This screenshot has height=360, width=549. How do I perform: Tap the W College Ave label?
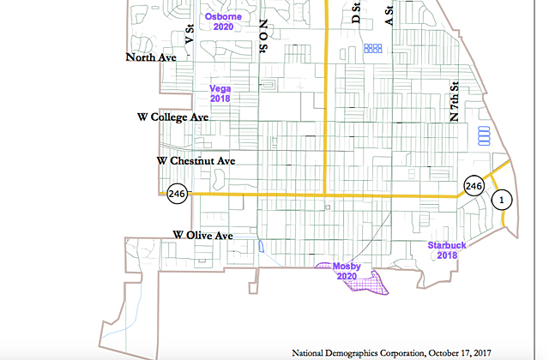173,117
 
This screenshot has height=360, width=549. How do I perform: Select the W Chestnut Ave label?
196,160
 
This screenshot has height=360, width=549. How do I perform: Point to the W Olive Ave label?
203,234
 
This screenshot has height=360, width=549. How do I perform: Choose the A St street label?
389,15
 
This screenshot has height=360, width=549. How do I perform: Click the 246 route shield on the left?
178,194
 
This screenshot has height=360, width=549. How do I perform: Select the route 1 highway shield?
504,200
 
